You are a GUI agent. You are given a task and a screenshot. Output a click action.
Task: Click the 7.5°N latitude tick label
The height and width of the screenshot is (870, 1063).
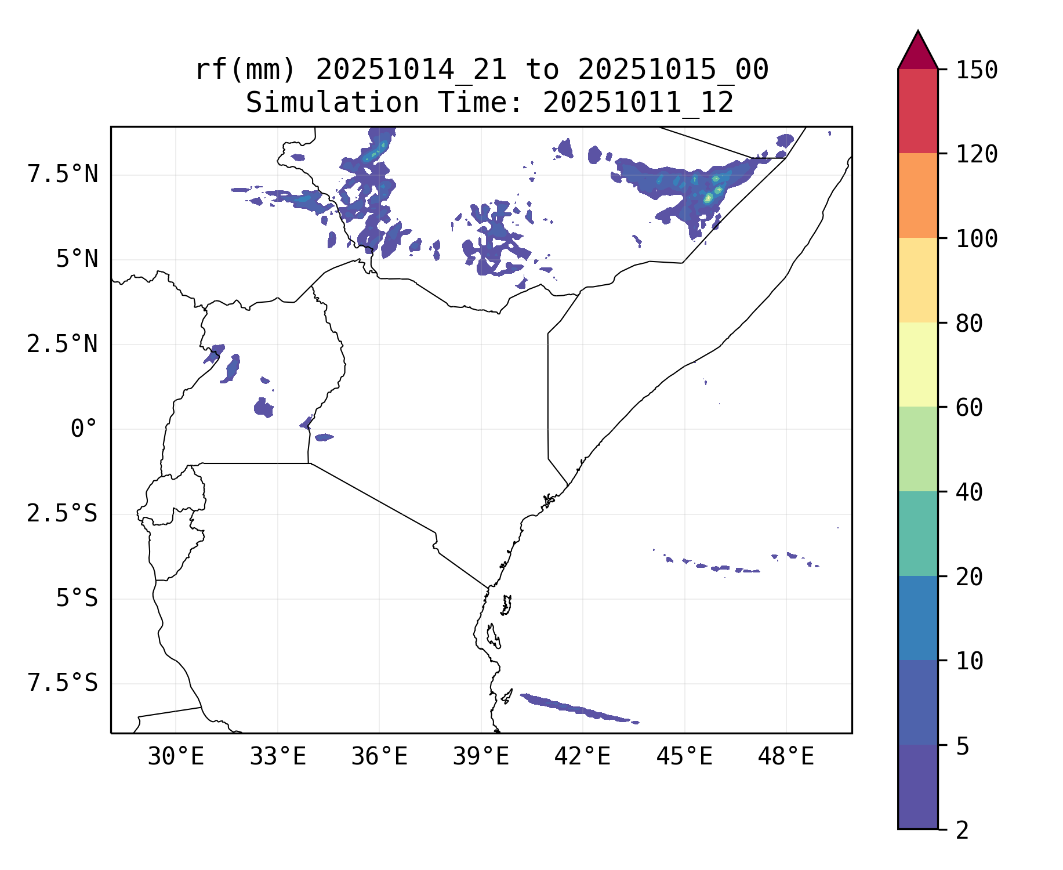point(63,175)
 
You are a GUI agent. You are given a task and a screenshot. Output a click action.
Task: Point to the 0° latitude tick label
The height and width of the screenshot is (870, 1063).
point(84,429)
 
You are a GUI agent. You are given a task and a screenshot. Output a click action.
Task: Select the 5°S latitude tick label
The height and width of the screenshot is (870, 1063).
point(77,599)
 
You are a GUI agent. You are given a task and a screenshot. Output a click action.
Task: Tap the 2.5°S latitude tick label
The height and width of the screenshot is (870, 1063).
point(63,514)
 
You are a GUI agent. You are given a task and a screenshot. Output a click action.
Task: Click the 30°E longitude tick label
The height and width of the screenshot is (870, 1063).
point(176,757)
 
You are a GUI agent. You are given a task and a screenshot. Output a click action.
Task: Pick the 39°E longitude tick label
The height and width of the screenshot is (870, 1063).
point(481,757)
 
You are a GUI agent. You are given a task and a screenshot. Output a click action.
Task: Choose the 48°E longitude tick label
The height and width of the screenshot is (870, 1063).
point(786,757)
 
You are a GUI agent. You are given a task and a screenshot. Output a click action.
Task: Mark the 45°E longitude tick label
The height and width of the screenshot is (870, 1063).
point(684,757)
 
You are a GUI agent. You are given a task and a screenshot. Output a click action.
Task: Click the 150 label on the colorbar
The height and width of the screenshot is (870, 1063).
point(977,70)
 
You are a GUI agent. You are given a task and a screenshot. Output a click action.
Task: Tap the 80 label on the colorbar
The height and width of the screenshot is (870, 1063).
point(969,324)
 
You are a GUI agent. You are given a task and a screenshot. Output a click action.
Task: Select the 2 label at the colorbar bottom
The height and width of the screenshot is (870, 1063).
point(962,831)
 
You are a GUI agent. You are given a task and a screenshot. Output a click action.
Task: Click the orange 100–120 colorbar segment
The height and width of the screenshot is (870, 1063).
point(917,195)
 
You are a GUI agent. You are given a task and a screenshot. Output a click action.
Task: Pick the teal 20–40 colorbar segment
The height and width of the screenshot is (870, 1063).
point(917,534)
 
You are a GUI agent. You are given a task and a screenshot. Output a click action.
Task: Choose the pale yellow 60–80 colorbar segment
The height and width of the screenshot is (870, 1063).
point(917,364)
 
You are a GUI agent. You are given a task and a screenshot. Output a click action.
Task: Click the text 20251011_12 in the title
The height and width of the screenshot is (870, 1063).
point(638,103)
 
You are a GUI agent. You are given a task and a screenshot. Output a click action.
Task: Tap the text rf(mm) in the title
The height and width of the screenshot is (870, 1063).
point(245,70)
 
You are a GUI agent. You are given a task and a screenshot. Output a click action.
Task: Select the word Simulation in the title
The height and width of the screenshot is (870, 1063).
point(332,103)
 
